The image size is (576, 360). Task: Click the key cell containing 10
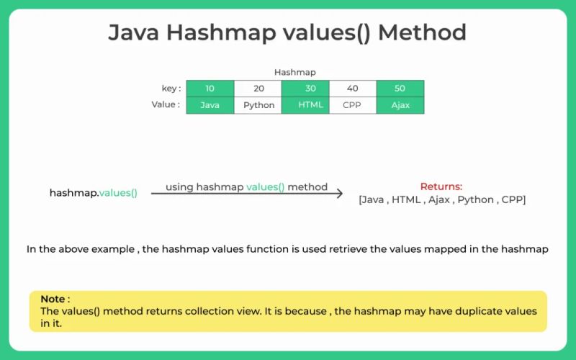pyautogui.click(x=210, y=89)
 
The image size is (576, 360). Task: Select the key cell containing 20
pyautogui.click(x=258, y=89)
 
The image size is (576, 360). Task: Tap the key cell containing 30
pyautogui.click(x=305, y=89)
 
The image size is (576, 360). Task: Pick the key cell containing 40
pyautogui.click(x=353, y=89)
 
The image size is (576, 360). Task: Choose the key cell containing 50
pyautogui.click(x=400, y=89)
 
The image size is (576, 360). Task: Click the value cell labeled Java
pyautogui.click(x=210, y=105)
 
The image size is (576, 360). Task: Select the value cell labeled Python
pyautogui.click(x=258, y=105)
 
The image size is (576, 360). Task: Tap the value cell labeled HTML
pyautogui.click(x=305, y=105)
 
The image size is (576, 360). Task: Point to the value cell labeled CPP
pyautogui.click(x=353, y=105)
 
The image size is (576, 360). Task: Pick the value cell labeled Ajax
pyautogui.click(x=400, y=105)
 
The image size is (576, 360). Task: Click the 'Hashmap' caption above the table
pyautogui.click(x=294, y=73)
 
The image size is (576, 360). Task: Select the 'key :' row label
pyautogui.click(x=171, y=89)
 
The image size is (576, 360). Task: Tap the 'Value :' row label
pyautogui.click(x=165, y=104)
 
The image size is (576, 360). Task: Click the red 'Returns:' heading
pyautogui.click(x=441, y=186)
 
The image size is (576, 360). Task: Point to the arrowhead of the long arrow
pyautogui.click(x=338, y=194)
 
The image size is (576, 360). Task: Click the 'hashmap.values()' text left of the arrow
pyautogui.click(x=93, y=193)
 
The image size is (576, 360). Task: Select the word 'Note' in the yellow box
pyautogui.click(x=53, y=299)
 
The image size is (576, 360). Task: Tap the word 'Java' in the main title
pyautogui.click(x=135, y=32)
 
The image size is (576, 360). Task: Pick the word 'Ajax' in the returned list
pyautogui.click(x=438, y=199)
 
